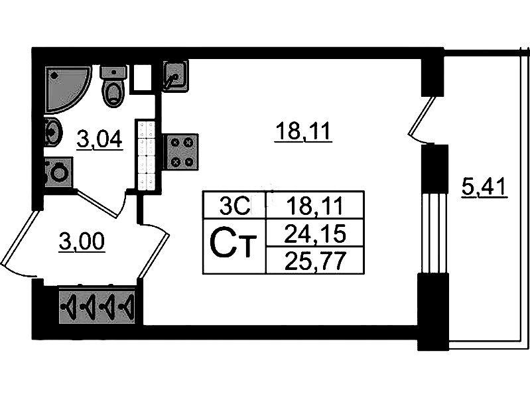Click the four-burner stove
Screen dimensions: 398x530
(182, 151)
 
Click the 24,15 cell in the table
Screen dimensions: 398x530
(314, 233)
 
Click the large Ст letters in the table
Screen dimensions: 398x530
(233, 245)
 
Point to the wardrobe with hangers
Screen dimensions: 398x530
(97, 306)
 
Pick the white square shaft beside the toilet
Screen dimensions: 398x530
(143, 78)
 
